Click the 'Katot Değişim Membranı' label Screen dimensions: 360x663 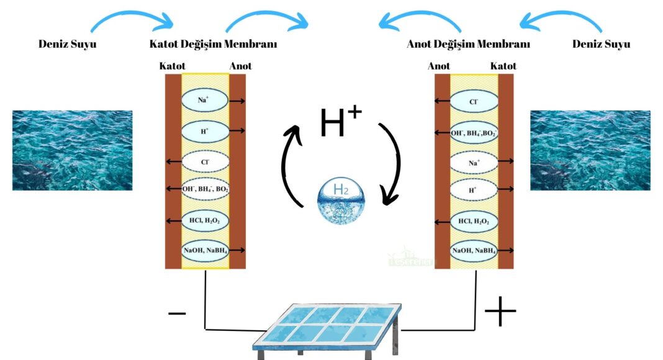tap(213, 44)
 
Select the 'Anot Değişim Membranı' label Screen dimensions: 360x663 tap(468, 44)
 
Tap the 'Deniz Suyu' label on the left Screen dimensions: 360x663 tap(68, 44)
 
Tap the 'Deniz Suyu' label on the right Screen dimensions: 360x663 tap(601, 44)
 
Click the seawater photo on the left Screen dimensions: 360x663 tap(72, 150)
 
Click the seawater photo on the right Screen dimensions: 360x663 tap(590, 150)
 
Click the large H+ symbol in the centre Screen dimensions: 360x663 tap(341, 121)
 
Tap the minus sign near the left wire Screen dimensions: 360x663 tap(177, 313)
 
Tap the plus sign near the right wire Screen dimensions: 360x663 tap(500, 312)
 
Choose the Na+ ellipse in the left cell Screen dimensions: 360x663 tap(205, 100)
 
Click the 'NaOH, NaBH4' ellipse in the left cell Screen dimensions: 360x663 tap(205, 250)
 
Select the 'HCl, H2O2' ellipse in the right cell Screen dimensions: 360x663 tap(474, 221)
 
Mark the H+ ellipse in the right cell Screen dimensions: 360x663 tap(474, 191)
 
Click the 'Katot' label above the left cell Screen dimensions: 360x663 tap(172, 66)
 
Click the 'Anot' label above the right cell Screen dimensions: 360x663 tap(439, 66)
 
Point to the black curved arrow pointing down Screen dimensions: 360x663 tap(391, 163)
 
